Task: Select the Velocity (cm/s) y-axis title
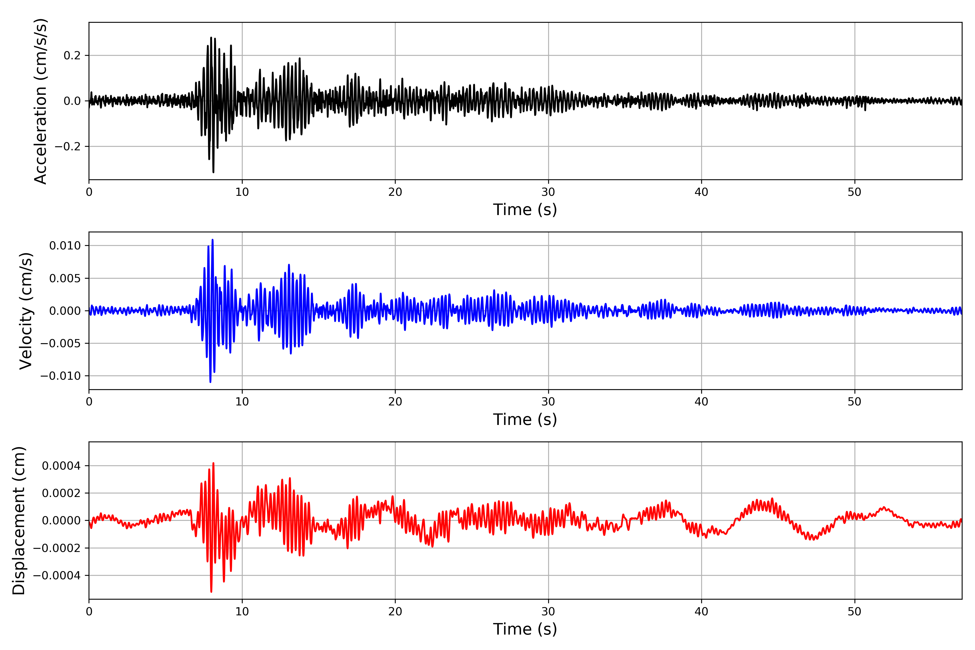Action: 26,311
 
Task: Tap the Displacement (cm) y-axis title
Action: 19,521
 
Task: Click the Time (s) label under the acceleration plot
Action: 525,210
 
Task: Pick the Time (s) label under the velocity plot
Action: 525,420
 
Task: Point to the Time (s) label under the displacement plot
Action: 525,629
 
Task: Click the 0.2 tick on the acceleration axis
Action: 72,56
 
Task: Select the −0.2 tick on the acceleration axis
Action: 67,147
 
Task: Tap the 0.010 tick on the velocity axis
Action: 65,246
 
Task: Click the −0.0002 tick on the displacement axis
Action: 57,548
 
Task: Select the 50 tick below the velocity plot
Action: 854,402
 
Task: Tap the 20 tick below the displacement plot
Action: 395,612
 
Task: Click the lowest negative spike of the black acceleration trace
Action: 213,172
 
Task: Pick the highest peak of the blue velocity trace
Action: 213,240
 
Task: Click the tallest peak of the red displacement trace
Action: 213,463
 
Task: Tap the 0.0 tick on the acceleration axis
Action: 72,101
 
